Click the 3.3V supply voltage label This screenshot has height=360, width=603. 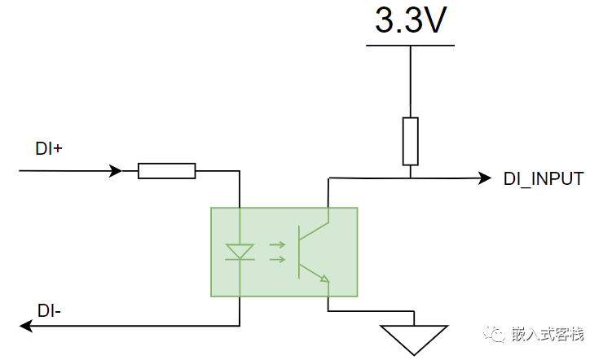tap(411, 20)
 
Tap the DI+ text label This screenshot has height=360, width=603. tap(48, 149)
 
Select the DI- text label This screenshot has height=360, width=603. tap(49, 311)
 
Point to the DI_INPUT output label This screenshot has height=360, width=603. tap(544, 179)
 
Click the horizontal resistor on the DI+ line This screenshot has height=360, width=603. tap(166, 171)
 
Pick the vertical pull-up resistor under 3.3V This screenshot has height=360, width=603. tap(411, 142)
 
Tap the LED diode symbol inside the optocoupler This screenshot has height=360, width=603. tap(240, 252)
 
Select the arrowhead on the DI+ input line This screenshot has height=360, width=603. tap(116, 170)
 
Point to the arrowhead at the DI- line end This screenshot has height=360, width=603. tap(26, 326)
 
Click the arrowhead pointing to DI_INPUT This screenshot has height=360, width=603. tap(485, 178)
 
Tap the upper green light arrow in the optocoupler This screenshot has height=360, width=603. tap(277, 244)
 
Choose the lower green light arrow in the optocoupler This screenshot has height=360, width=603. tap(277, 260)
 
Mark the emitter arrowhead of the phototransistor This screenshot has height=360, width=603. tap(325, 279)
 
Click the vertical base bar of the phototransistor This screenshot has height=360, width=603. tap(299, 252)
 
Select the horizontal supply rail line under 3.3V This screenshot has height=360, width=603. tap(410, 46)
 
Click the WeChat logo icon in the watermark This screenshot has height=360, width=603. tap(494, 333)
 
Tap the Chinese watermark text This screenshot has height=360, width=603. tap(548, 334)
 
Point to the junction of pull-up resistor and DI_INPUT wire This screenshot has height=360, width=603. tap(411, 178)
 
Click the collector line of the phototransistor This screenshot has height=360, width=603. tap(314, 231)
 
